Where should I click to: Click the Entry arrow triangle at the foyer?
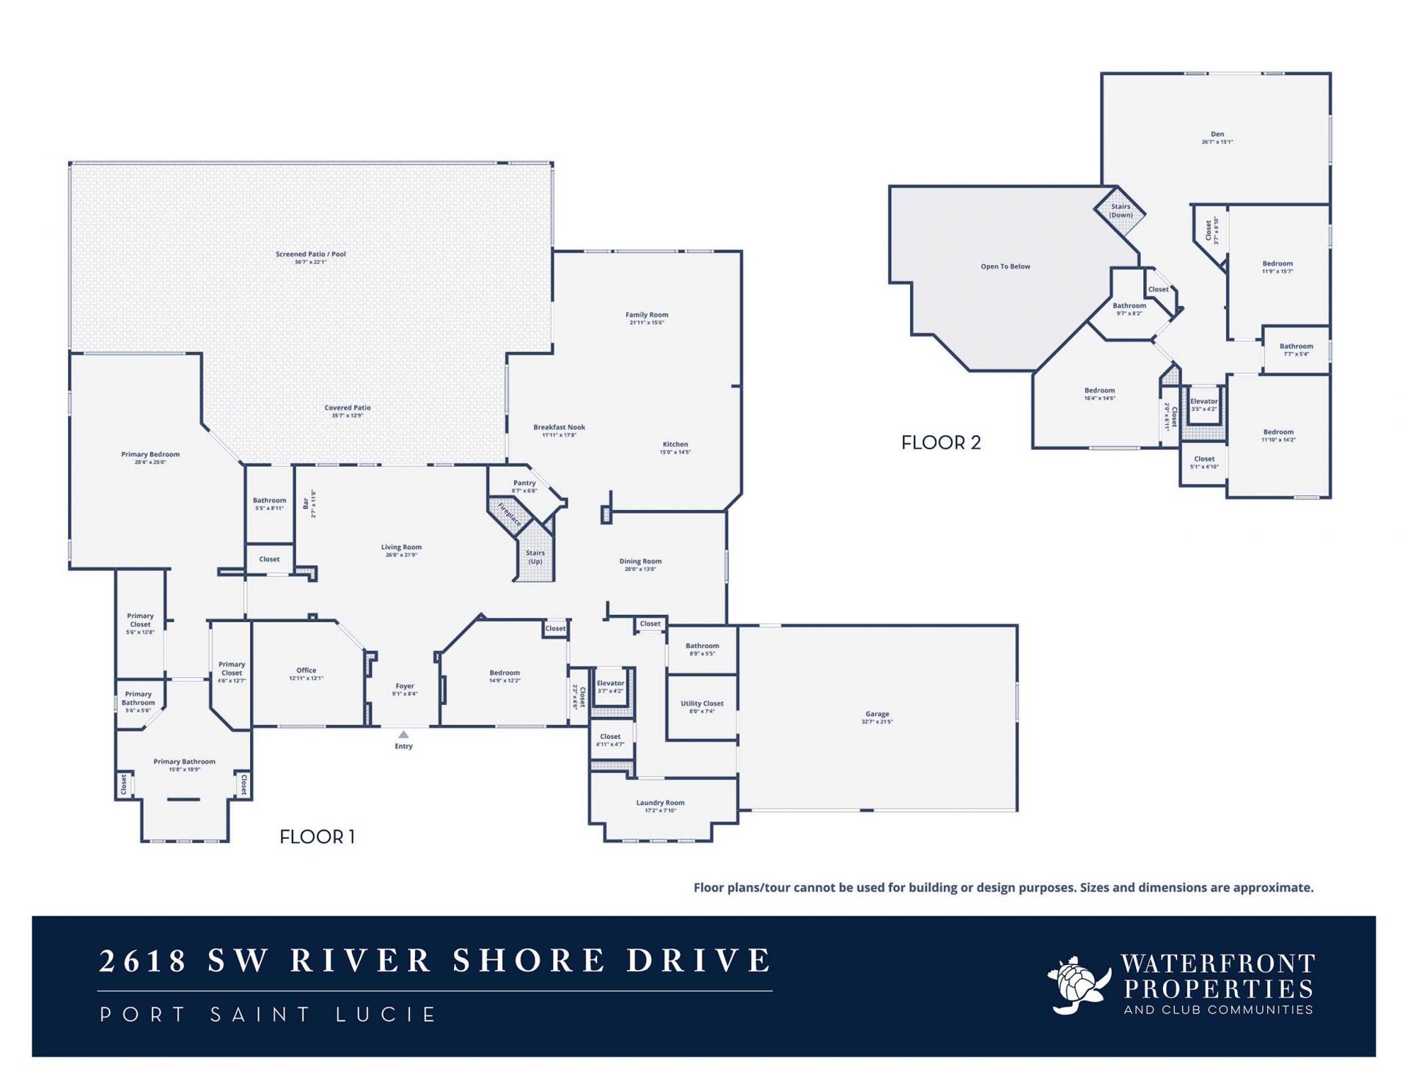coord(403,734)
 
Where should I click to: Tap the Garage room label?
coord(877,714)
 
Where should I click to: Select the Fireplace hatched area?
coord(510,514)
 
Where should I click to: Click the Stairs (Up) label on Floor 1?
coord(535,557)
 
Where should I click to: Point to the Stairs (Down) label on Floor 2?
coord(1121,211)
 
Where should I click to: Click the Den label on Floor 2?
coord(1217,134)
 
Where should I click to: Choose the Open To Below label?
coord(1005,266)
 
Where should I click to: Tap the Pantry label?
coord(524,483)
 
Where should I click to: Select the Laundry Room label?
coord(660,803)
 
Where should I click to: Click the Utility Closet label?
coord(702,704)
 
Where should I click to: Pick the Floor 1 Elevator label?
coord(610,683)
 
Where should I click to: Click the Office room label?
coord(307,670)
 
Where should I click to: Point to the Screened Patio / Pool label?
coord(311,254)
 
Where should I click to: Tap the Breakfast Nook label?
coord(560,427)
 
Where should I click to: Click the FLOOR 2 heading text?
coord(941,442)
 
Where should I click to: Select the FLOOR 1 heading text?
coord(317,837)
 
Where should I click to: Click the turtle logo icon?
coord(1078,985)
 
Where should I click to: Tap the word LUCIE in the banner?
coord(386,1015)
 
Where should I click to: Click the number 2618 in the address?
coord(143,961)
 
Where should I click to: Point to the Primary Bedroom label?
coord(150,454)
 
